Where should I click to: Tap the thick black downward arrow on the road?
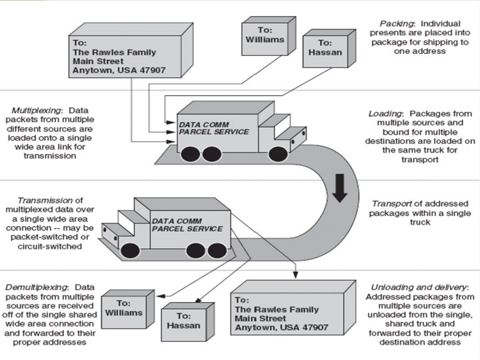click(339, 188)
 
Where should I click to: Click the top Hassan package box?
click(325, 53)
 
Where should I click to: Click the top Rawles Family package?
click(127, 56)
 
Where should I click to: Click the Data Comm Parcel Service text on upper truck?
click(213, 128)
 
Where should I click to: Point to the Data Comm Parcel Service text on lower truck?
click(187, 225)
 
